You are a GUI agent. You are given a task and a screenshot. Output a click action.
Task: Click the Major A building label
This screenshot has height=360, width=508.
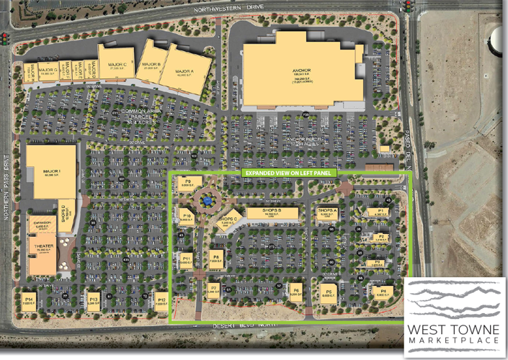point(185,71)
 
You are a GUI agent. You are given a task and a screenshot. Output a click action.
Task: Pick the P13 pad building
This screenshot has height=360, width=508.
point(92,301)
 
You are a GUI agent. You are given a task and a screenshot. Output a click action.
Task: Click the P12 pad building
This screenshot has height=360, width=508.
point(161,301)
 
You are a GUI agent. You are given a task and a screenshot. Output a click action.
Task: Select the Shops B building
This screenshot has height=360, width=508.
point(272,213)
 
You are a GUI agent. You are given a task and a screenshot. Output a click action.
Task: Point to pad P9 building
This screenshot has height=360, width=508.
point(187,184)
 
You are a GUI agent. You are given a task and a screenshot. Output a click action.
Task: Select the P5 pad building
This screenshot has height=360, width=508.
point(331,292)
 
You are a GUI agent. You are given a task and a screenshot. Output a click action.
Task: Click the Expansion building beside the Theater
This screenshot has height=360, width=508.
point(42,224)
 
